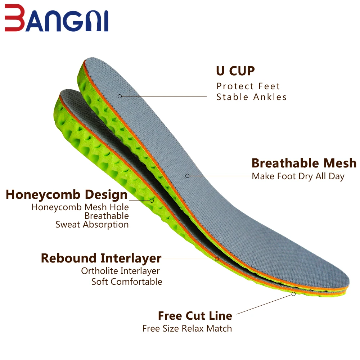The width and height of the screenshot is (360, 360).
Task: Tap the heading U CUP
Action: click(235, 71)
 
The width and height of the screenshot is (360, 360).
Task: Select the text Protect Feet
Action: click(248, 86)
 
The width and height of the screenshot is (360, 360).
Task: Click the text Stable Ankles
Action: click(251, 97)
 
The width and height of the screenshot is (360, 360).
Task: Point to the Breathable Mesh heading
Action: click(304, 163)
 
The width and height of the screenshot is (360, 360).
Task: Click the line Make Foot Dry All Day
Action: click(298, 176)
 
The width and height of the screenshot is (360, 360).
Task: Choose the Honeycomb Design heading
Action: click(67, 195)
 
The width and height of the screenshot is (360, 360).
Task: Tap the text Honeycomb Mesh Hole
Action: click(80, 207)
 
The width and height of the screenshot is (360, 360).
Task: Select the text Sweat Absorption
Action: click(92, 224)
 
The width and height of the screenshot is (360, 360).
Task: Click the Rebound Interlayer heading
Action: click(101, 258)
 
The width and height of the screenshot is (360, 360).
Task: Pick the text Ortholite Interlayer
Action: click(120, 271)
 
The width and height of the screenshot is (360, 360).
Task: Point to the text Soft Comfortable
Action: click(127, 282)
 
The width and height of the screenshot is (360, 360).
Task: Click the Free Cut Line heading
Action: click(195, 316)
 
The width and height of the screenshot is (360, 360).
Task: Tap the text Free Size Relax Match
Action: click(187, 328)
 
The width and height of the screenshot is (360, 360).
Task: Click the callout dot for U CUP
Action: click(120, 96)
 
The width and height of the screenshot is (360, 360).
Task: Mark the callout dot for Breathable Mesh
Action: click(187, 176)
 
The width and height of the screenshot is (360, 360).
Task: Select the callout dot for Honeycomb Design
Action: click(152, 200)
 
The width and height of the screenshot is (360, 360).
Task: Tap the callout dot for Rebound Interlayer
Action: click(217, 258)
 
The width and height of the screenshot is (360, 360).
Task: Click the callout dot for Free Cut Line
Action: click(293, 294)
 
